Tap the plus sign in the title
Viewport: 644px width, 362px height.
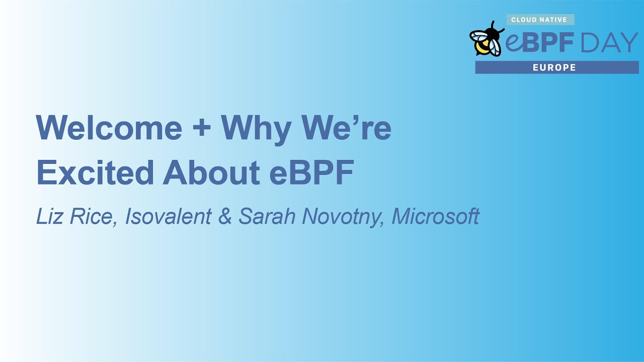[x=201, y=128]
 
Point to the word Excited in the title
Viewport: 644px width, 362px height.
[x=95, y=172]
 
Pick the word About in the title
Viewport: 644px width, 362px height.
[x=211, y=172]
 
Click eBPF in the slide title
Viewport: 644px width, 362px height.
[x=312, y=172]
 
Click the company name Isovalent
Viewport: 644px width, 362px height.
[x=168, y=216]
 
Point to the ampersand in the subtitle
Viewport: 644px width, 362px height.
[x=225, y=216]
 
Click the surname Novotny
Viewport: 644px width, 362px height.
[x=343, y=217]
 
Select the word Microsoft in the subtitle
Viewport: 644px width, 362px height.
[x=435, y=216]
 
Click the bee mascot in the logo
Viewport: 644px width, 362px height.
[x=486, y=40]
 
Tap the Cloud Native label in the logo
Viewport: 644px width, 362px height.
[x=539, y=20]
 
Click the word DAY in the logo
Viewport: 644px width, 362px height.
[x=609, y=43]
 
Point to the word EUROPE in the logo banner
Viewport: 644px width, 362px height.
[x=554, y=67]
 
